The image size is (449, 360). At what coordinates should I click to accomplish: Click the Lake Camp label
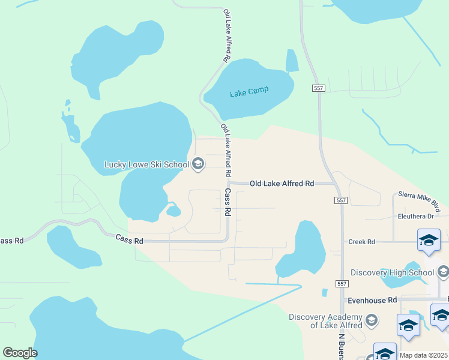pyautogui.click(x=249, y=92)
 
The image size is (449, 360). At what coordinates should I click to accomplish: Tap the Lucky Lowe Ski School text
pyautogui.click(x=146, y=164)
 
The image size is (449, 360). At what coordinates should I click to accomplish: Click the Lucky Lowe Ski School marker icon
pyautogui.click(x=197, y=163)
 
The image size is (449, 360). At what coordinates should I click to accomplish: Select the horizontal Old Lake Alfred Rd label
pyautogui.click(x=282, y=183)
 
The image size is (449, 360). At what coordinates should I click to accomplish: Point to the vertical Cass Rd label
pyautogui.click(x=228, y=202)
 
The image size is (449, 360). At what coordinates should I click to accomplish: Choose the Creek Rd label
pyautogui.click(x=361, y=242)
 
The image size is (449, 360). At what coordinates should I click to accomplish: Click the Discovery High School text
pyautogui.click(x=392, y=272)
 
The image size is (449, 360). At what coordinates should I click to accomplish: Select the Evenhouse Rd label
pyautogui.click(x=372, y=299)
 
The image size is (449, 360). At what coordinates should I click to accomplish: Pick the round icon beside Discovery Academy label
pyautogui.click(x=371, y=319)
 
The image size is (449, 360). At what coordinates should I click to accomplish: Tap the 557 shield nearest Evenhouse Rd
pyautogui.click(x=342, y=283)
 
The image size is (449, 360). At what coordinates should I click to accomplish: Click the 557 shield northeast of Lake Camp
pyautogui.click(x=318, y=88)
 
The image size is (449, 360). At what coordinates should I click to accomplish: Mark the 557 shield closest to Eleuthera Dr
pyautogui.click(x=342, y=200)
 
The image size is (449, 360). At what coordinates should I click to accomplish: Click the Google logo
pyautogui.click(x=20, y=353)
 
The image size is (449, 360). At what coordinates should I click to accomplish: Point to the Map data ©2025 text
pyautogui.click(x=424, y=355)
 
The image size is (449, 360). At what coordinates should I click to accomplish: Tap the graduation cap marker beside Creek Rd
pyautogui.click(x=429, y=241)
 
